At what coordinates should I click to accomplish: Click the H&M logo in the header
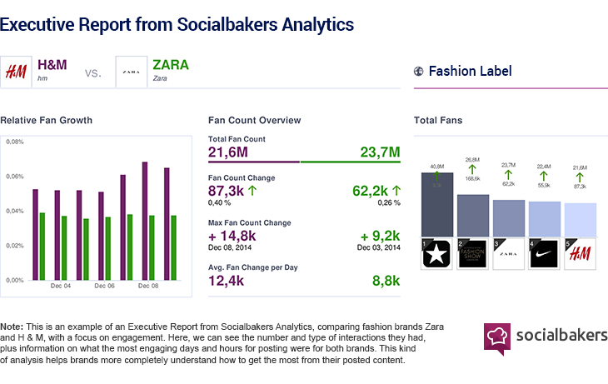16,72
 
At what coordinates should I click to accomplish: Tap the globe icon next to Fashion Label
418,72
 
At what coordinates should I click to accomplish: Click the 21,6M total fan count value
227,152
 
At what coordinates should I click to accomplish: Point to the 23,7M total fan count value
380,152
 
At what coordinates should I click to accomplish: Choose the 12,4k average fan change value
226,281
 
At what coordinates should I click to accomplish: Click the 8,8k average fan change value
384,281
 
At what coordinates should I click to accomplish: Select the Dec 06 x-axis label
104,286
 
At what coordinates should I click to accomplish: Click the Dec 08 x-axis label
148,286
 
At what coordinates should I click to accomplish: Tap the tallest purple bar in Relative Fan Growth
145,221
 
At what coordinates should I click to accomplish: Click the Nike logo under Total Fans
543,254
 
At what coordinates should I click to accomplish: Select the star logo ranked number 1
436,254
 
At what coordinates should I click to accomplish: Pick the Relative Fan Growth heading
47,121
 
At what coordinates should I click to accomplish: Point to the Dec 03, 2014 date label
378,248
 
